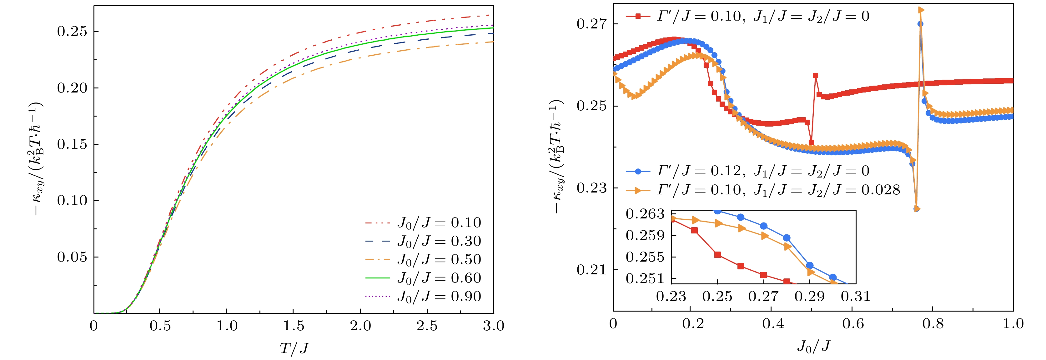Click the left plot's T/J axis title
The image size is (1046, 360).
pos(294,348)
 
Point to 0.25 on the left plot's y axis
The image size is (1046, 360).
pos(72,32)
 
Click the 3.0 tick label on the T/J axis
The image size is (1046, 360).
pos(493,326)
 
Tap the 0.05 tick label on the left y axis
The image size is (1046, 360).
pos(72,257)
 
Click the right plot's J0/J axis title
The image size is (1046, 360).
pos(813,346)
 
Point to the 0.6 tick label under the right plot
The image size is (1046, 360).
pos(853,323)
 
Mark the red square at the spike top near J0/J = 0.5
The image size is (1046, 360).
pos(815,76)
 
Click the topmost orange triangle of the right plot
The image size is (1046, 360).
pos(921,10)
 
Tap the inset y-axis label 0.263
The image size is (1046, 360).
pos(645,214)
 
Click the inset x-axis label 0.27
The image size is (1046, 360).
pos(763,296)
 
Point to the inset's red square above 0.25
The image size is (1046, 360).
pos(717,255)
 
